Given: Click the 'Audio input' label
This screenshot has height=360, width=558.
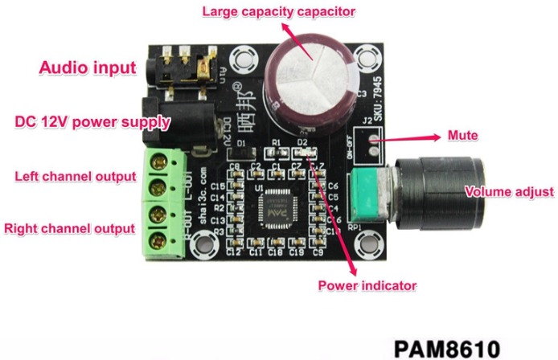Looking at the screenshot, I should click(88, 68).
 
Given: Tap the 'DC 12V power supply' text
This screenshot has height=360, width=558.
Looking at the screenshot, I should click(93, 123).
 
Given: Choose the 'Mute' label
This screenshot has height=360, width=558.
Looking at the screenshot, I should click(463, 136).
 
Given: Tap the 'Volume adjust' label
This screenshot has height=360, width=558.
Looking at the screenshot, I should click(510, 192).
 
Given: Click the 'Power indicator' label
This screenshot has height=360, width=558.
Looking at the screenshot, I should click(367, 285).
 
